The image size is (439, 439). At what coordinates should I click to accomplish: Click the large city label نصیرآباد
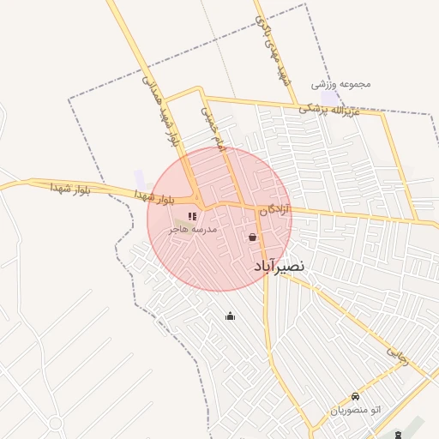pyautogui.click(x=279, y=267)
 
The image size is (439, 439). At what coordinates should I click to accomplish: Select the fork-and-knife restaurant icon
pyautogui.click(x=192, y=216)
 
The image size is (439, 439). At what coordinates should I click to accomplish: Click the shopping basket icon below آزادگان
pyautogui.click(x=253, y=238)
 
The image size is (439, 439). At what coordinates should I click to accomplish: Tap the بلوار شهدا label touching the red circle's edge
pyautogui.click(x=154, y=197)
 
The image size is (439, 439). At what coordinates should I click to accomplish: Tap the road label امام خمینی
pyautogui.click(x=213, y=129)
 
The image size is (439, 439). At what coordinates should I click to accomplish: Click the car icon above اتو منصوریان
pyautogui.click(x=355, y=397)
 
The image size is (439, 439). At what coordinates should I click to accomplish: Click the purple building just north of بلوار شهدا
pyautogui.click(x=139, y=177)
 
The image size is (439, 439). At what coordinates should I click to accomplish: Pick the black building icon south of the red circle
pyautogui.click(x=230, y=316)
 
